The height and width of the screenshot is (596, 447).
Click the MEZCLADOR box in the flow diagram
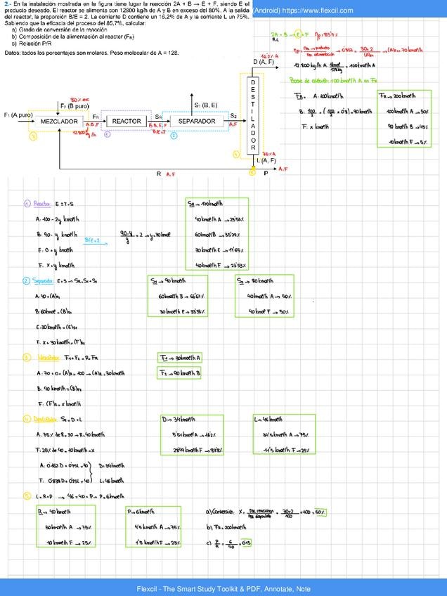coord(58,122)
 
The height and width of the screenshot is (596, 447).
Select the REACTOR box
coord(127,122)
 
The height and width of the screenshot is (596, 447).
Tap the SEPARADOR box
coord(196,122)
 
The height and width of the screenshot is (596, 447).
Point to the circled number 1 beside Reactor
coord(27,205)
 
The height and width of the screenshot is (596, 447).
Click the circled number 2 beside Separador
coord(27,281)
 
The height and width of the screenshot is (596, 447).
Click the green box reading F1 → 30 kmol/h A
coord(181,358)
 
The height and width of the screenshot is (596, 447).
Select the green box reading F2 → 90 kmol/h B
coord(181,372)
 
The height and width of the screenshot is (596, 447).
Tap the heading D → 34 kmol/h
coord(176,420)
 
